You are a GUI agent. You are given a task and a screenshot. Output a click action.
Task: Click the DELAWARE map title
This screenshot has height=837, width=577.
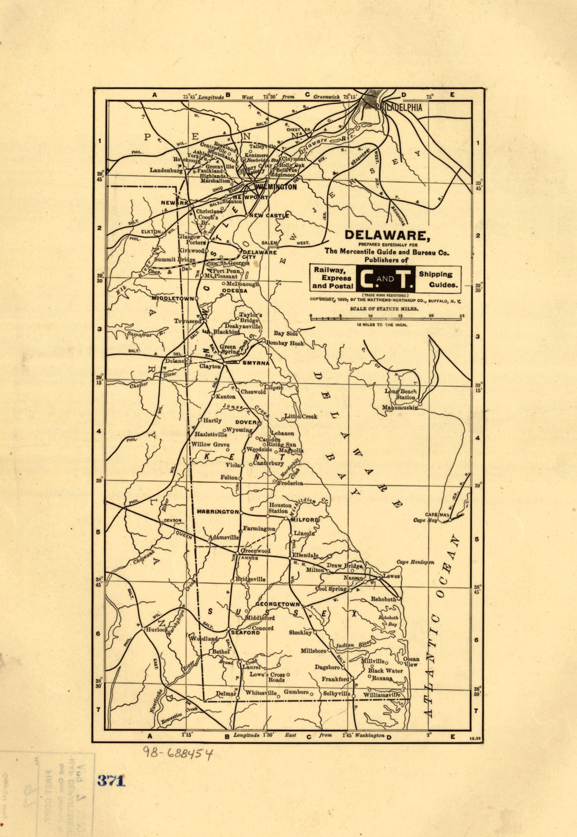387,235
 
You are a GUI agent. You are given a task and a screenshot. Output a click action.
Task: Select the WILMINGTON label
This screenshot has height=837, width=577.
276,187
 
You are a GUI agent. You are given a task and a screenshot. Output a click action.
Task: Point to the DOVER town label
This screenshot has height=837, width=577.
245,422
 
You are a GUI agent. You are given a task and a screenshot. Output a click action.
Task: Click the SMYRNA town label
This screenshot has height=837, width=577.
255,363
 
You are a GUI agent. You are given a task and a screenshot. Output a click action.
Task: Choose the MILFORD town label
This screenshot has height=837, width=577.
305,520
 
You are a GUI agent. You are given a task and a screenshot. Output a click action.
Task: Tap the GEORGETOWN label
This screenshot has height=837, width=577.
278,605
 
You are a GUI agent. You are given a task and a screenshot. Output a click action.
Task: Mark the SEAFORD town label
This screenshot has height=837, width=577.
245,632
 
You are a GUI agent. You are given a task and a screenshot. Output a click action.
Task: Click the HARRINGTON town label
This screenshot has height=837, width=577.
218,511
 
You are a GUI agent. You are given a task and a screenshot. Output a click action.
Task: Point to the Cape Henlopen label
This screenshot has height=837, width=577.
415,562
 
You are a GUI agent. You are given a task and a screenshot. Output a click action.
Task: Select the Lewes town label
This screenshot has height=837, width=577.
392,576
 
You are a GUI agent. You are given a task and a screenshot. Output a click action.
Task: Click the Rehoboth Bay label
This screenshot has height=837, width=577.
388,621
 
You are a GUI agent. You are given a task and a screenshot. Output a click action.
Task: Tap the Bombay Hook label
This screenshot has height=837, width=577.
285,343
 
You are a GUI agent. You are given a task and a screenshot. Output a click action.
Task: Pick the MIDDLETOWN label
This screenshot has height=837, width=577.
173,298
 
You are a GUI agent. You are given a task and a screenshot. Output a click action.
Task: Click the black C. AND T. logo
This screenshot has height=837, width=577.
385,279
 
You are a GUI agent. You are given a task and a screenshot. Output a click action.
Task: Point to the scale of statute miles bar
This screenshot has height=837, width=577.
386,317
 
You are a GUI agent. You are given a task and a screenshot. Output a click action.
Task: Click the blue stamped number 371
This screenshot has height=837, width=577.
111,780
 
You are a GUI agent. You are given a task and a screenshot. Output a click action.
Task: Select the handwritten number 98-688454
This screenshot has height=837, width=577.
178,754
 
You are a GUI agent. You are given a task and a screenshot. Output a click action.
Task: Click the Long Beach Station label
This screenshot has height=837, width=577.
401,394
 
